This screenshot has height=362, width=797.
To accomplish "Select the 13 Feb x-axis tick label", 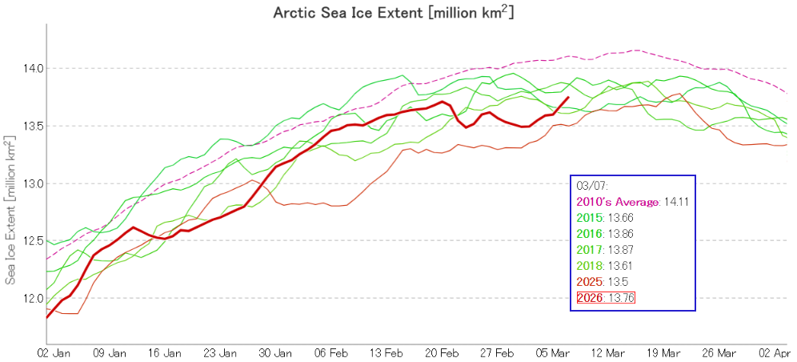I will (x=387, y=352).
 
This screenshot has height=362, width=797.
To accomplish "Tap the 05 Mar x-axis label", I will (x=552, y=352).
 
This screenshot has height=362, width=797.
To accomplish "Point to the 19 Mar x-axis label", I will (x=662, y=352).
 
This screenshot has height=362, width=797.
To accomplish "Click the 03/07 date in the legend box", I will (x=587, y=186).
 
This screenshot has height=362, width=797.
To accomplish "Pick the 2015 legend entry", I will (x=591, y=218).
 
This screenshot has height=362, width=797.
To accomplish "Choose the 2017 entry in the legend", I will (x=591, y=250).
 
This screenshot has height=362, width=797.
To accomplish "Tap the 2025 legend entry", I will (x=591, y=282).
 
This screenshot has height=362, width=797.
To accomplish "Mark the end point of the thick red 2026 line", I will (x=568, y=98).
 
